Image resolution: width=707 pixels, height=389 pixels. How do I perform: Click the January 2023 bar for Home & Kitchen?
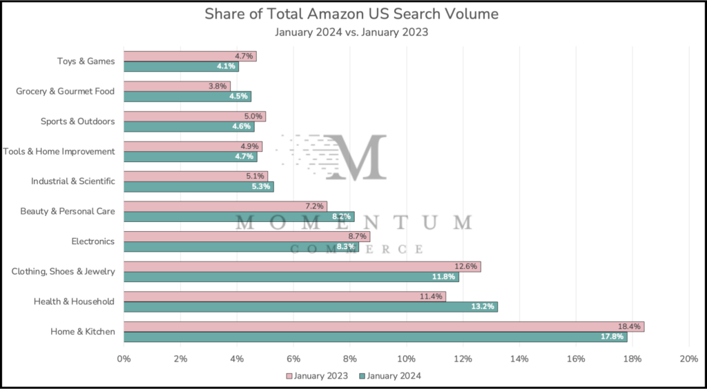pos(383,326)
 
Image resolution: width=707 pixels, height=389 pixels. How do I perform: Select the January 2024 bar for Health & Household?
pos(311,306)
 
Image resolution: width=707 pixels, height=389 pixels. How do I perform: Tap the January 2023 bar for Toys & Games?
pos(190,56)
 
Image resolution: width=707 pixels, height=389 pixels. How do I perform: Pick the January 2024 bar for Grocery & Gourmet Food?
pos(187,96)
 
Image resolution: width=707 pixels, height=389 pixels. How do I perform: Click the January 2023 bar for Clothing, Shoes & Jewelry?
pos(302,266)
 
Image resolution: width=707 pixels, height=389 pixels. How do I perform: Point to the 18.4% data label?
pos(630,326)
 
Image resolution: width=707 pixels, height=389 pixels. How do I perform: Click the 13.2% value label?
pos(483,306)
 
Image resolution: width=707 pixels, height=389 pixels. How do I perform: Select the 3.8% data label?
pos(217,86)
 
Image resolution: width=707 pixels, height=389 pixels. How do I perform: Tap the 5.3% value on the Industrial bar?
pos(261,186)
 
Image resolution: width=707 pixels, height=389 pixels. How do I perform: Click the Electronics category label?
pos(93,241)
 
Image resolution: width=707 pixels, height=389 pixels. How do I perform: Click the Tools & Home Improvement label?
pos(59,151)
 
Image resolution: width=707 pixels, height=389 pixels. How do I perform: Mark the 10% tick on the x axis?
pos(406,359)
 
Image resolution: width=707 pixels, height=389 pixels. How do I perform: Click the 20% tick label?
pos(688,359)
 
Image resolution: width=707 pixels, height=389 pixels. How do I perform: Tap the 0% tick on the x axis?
pos(124,359)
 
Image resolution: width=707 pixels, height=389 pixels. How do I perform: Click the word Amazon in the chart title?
pos(322,14)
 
